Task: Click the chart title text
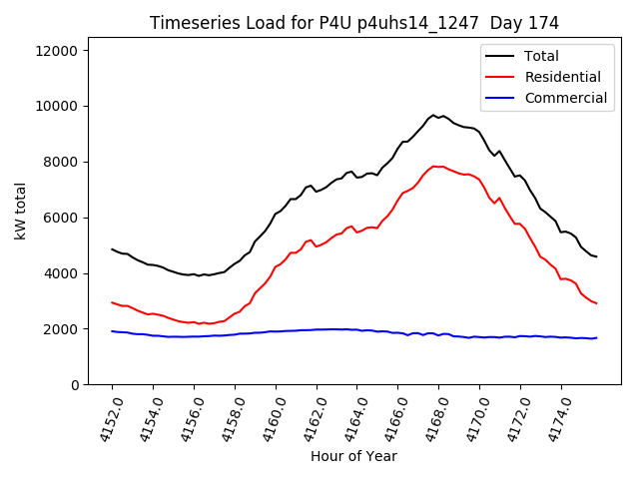(x=353, y=23)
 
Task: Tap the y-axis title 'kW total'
(x=20, y=212)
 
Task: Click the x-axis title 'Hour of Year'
(x=353, y=456)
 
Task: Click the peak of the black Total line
(x=433, y=116)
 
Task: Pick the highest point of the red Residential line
(x=433, y=166)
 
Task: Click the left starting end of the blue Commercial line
(x=112, y=331)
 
